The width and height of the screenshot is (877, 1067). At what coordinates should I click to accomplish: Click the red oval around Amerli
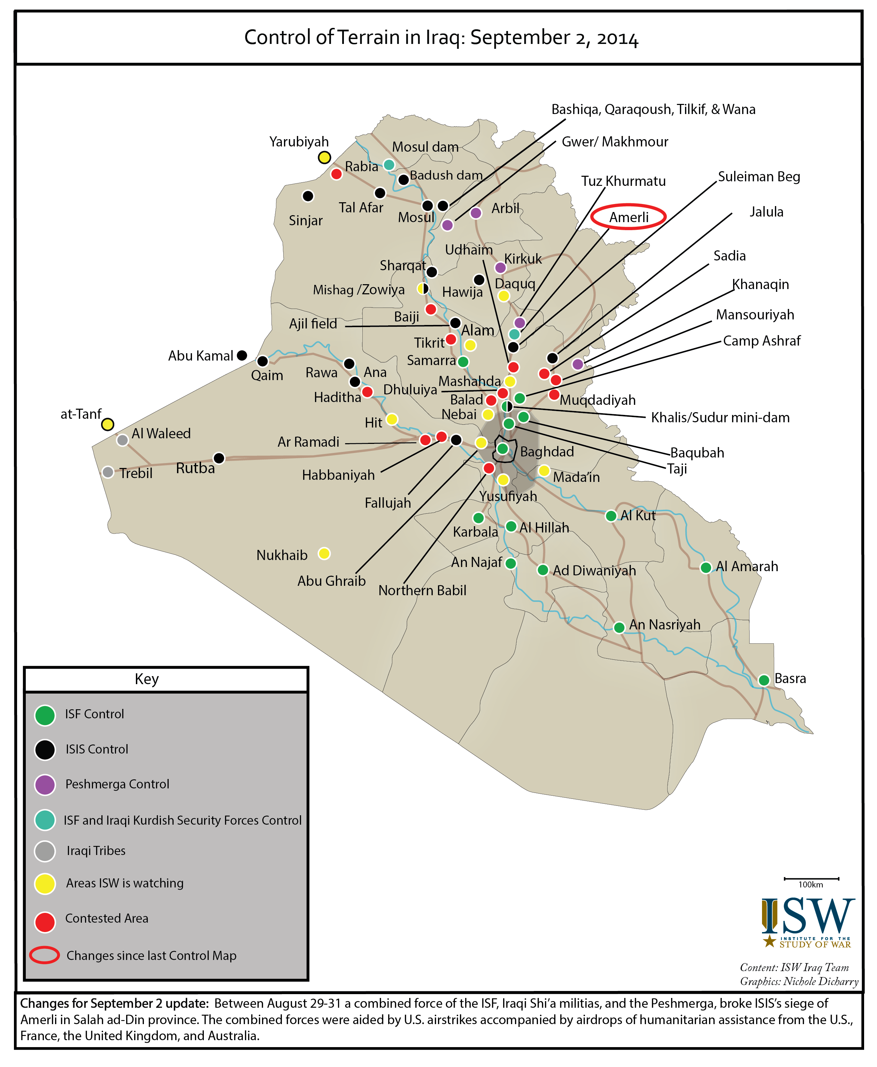click(629, 217)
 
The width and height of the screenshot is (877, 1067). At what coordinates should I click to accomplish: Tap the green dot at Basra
click(764, 680)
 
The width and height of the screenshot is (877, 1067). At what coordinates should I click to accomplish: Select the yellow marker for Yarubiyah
click(324, 158)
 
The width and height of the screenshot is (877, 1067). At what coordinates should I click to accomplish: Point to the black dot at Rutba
click(219, 458)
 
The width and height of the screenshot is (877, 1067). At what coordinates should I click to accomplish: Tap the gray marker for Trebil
click(108, 472)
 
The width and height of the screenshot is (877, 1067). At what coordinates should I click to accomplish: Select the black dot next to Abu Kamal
click(242, 355)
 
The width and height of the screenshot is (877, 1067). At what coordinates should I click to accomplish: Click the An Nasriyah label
click(664, 625)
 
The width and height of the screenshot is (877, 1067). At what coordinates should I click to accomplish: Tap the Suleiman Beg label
click(759, 177)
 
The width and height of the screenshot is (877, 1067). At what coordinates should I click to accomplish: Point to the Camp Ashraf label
click(761, 341)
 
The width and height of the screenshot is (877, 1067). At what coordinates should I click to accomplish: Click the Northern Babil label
click(422, 590)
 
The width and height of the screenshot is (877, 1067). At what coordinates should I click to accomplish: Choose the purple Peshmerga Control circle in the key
click(45, 785)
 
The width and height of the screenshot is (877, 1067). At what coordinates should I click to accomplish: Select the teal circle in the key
click(45, 820)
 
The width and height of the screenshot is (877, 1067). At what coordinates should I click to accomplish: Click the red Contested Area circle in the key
click(45, 922)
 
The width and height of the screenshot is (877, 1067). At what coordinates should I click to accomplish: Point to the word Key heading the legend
click(146, 679)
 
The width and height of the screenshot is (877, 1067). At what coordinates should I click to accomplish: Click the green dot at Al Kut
click(611, 516)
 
